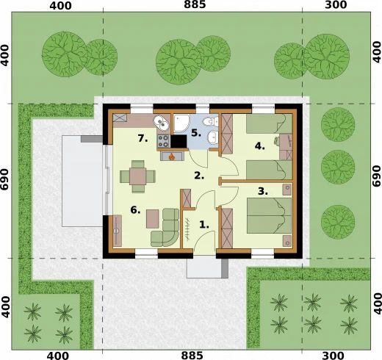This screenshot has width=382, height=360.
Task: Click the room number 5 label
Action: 196,133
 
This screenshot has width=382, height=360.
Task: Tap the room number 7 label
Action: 143,139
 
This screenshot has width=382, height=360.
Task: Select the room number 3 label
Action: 263,191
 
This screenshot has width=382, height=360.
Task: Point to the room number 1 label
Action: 204,225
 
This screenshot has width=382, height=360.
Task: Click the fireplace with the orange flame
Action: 172,156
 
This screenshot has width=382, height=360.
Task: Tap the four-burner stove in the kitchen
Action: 163,141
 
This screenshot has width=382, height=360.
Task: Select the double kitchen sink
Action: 162,122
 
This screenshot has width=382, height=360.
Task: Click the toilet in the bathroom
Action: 210,121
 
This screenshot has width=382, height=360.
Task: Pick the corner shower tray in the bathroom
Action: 181,123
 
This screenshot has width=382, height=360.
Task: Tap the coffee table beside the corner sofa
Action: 153,219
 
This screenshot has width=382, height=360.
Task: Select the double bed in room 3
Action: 269,215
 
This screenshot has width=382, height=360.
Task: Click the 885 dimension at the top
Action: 195,4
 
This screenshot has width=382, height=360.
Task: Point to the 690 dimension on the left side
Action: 5,179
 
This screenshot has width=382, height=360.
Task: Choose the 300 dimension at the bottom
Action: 336,356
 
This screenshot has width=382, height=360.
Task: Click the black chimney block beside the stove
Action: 179,141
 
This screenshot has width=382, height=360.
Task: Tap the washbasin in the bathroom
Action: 212,137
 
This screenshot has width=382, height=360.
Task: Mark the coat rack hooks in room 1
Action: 187,228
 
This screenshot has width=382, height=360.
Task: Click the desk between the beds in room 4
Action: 286,147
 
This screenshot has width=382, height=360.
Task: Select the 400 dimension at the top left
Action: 60,5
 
